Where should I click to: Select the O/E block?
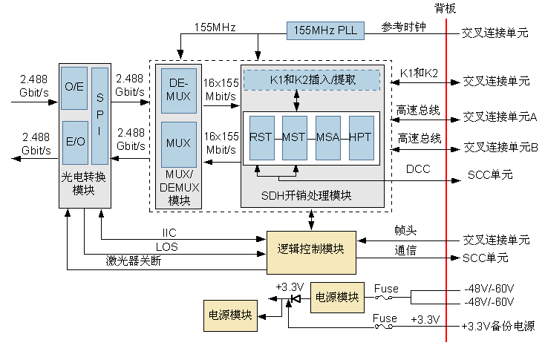pyautogui.click(x=74, y=87)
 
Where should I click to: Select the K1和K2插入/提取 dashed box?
pyautogui.click(x=311, y=79)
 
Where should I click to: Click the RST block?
pyautogui.click(x=261, y=137)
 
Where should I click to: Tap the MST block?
pyautogui.click(x=294, y=137)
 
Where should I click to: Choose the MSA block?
pyautogui.click(x=327, y=137)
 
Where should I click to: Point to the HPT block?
pyautogui.click(x=361, y=137)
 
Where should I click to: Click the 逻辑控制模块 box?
pyautogui.click(x=311, y=249)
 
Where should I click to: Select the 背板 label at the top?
pyautogui.click(x=446, y=8)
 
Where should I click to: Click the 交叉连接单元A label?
pyautogui.click(x=500, y=117)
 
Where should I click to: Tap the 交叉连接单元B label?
pyautogui.click(x=500, y=147)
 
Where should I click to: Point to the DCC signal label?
pyautogui.click(x=418, y=169)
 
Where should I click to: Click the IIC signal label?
pyautogui.click(x=169, y=232)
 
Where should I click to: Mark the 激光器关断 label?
pyautogui.click(x=133, y=261)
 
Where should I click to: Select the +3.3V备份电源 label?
pyautogui.click(x=497, y=327)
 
